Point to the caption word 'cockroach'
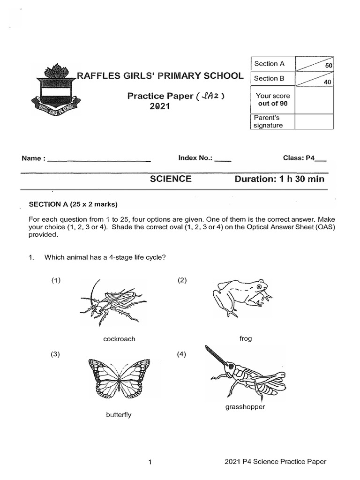click(119, 339)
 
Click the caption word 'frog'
click(245, 338)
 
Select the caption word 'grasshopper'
click(245, 407)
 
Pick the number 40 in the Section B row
click(327, 82)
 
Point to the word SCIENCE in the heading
click(171, 179)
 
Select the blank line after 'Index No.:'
click(223, 160)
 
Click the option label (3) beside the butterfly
click(56, 354)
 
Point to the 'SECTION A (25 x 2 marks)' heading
click(73, 204)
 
